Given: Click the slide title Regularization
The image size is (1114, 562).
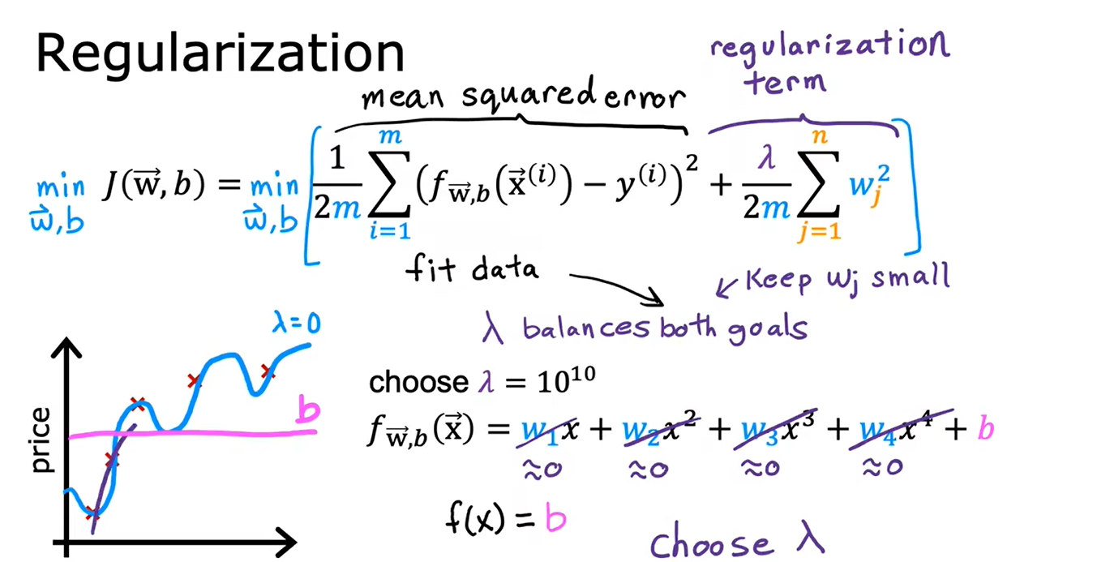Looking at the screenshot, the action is click(x=221, y=54).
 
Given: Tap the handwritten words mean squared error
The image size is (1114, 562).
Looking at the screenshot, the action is click(x=523, y=94).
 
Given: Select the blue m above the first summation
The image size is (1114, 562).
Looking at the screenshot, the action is click(x=391, y=135).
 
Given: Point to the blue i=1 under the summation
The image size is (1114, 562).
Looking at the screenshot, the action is click(x=391, y=231).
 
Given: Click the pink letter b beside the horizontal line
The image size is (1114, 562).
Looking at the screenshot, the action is click(x=308, y=409).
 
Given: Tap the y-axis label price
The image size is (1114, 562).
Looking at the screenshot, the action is click(x=41, y=440).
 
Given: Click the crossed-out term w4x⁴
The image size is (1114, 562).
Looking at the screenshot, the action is click(x=901, y=430).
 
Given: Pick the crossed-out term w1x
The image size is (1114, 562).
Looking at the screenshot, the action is click(x=548, y=431).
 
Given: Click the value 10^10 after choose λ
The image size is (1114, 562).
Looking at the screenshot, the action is click(x=567, y=380).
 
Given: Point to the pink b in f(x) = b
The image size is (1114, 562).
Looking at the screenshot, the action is click(x=555, y=517).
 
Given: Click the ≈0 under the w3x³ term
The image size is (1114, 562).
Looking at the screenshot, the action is click(x=761, y=468).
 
